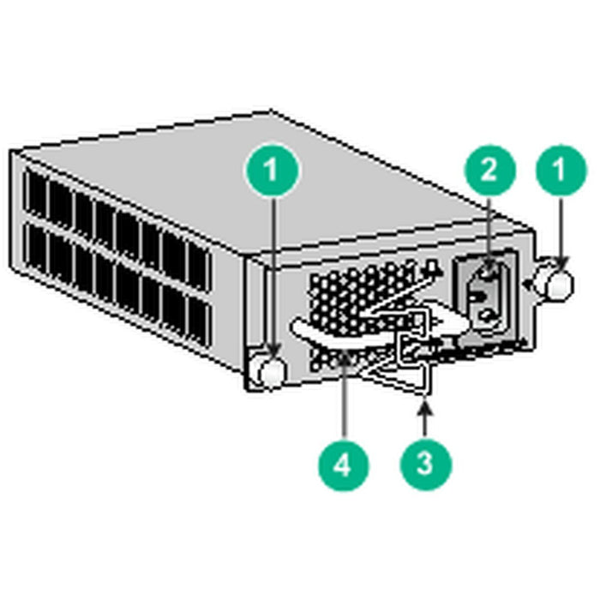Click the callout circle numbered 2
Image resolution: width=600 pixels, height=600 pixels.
coord(488,169)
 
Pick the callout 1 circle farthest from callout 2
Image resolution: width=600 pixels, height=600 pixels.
coord(272,169)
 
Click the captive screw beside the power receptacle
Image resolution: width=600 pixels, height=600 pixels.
coord(556,285)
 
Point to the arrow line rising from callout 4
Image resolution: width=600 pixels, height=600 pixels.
coord(343,403)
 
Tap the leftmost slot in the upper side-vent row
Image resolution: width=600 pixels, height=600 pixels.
coord(36,193)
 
